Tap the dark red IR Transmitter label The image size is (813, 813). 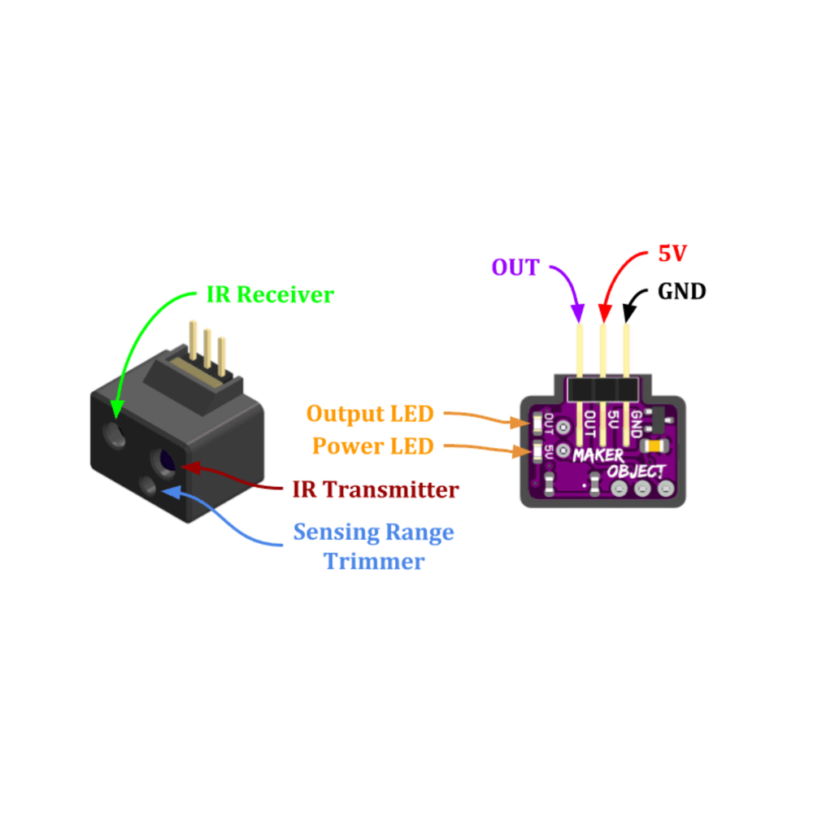point(375,490)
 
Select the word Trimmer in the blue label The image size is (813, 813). point(373,561)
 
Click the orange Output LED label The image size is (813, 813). point(370,414)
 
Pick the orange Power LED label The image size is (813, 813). point(373,446)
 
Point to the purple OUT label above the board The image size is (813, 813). point(515,267)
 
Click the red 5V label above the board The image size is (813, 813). point(672,254)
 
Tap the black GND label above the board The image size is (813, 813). point(681,292)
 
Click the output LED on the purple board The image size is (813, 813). point(537,424)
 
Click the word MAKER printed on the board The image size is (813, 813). point(598,455)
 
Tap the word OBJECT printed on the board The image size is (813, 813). point(636,472)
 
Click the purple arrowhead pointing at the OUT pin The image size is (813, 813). point(579,314)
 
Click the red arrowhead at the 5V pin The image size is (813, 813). point(603,314)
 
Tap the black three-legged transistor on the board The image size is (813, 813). point(661,421)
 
